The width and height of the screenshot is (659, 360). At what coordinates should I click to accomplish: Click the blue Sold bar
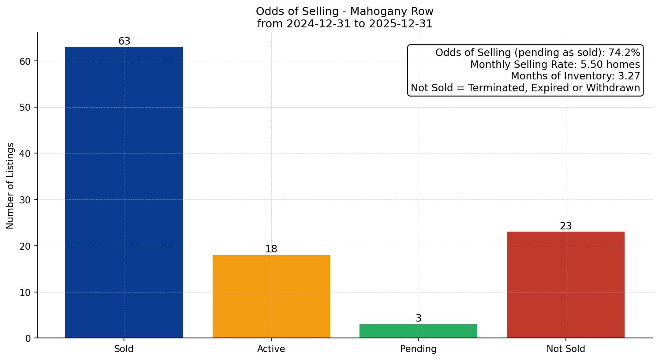point(124,192)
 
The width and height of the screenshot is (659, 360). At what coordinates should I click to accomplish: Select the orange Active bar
point(271,296)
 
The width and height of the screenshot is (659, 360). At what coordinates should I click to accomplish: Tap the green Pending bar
point(418,331)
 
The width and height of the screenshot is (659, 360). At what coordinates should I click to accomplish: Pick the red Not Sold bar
point(565,285)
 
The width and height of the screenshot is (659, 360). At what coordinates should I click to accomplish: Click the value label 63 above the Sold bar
point(124,41)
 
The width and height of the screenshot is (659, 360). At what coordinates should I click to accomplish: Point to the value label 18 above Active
point(271,249)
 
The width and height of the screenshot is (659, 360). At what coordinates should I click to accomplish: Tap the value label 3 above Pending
point(419,319)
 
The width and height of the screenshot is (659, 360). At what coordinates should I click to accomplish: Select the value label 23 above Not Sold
point(565,226)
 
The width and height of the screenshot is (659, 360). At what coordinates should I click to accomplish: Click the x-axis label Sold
point(124,349)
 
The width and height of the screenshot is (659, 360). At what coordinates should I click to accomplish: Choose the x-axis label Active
point(271,349)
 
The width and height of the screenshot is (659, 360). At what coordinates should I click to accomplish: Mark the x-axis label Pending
point(418,349)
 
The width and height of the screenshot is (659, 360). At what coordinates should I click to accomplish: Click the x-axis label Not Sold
point(565,349)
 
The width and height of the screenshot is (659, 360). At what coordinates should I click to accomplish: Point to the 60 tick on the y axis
point(26,61)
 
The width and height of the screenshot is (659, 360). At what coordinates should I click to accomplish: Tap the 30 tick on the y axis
point(26,200)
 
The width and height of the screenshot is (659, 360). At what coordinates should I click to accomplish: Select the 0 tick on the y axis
point(28,338)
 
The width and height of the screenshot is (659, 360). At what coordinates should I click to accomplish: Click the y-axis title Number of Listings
point(11,186)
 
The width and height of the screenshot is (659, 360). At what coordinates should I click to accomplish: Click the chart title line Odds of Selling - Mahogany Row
point(344,11)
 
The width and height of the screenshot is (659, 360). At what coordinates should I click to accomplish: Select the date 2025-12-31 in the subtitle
point(401,24)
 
